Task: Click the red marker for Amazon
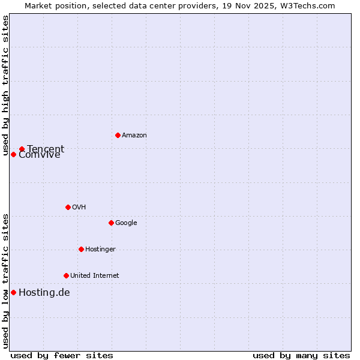pyautogui.click(x=118, y=135)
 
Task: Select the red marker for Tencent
pyautogui.click(x=22, y=149)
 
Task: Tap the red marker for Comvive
pyautogui.click(x=13, y=154)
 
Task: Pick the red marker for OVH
pyautogui.click(x=68, y=207)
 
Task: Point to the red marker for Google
pyautogui.click(x=111, y=223)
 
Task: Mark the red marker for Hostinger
pyautogui.click(x=81, y=249)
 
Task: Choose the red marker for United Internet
pyautogui.click(x=66, y=275)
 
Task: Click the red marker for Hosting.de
pyautogui.click(x=13, y=292)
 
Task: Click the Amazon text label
pyautogui.click(x=134, y=135)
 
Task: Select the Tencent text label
pyautogui.click(x=46, y=149)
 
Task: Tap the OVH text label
pyautogui.click(x=79, y=207)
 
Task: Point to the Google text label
pyautogui.click(x=126, y=223)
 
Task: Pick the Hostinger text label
pyautogui.click(x=100, y=249)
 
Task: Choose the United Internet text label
pyautogui.click(x=94, y=275)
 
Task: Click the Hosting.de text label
pyautogui.click(x=44, y=292)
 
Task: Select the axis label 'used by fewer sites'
pyautogui.click(x=62, y=355)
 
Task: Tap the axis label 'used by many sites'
pyautogui.click(x=301, y=355)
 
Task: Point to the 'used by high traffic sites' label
pyautogui.click(x=5, y=86)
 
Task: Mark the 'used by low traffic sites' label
pyautogui.click(x=5, y=281)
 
